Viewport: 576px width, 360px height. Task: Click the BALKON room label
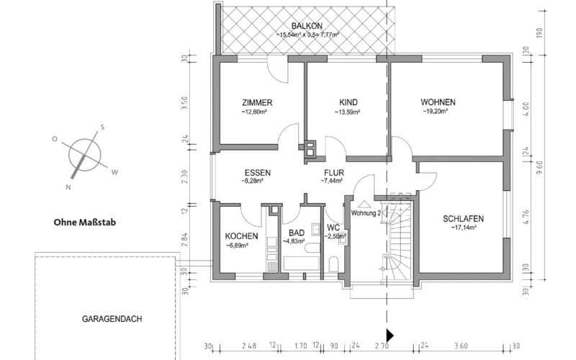307,26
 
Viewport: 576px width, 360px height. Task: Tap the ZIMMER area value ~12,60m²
254,112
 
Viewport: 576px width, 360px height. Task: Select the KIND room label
348,102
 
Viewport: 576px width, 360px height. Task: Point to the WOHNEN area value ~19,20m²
436,112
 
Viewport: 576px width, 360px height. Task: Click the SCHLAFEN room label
463,219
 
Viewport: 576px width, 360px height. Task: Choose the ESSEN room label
258,173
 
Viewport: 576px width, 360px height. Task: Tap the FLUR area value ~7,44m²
332,181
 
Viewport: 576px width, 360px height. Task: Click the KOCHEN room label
241,236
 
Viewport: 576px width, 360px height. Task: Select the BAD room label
297,233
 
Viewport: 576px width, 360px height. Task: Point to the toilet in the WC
333,264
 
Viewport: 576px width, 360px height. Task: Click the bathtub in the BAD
301,264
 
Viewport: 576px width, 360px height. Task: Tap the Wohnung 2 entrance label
366,213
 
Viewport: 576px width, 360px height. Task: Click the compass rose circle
84,155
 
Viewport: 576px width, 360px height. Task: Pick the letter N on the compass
68,187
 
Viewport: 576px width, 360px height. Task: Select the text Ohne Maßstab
85,222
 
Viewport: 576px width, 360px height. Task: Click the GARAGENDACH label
112,319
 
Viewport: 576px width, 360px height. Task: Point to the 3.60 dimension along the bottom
461,346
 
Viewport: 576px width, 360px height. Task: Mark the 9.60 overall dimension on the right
539,167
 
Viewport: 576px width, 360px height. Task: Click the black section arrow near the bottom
390,336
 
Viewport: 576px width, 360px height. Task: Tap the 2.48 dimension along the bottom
249,346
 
